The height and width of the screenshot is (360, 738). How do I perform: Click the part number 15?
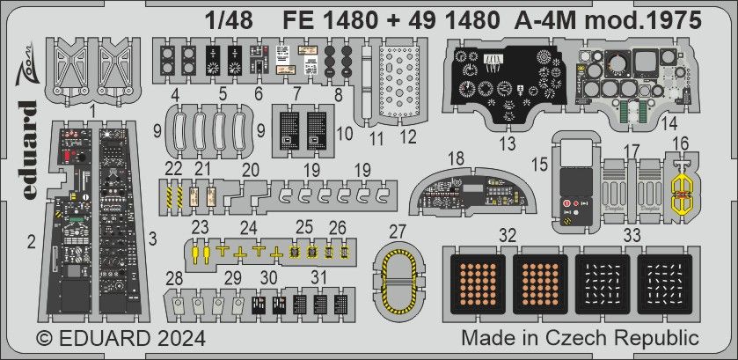pos(540,163)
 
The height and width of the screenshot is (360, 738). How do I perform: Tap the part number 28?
pos(176,279)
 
